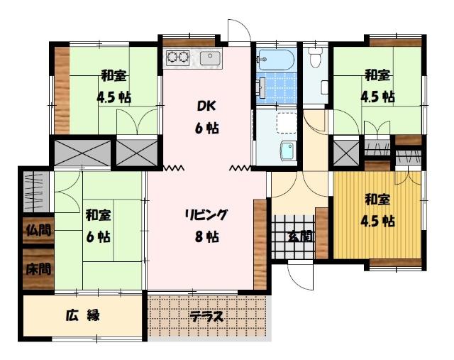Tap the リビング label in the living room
coord(206,215)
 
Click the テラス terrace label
coord(206,317)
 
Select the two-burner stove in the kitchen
coord(177,58)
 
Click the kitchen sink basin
coord(209,58)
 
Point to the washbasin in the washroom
coord(287,151)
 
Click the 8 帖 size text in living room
coord(206,238)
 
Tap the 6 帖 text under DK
coord(207,129)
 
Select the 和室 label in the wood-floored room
coord(377,200)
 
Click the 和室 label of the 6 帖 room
coord(98,214)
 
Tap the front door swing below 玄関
coord(299,273)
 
